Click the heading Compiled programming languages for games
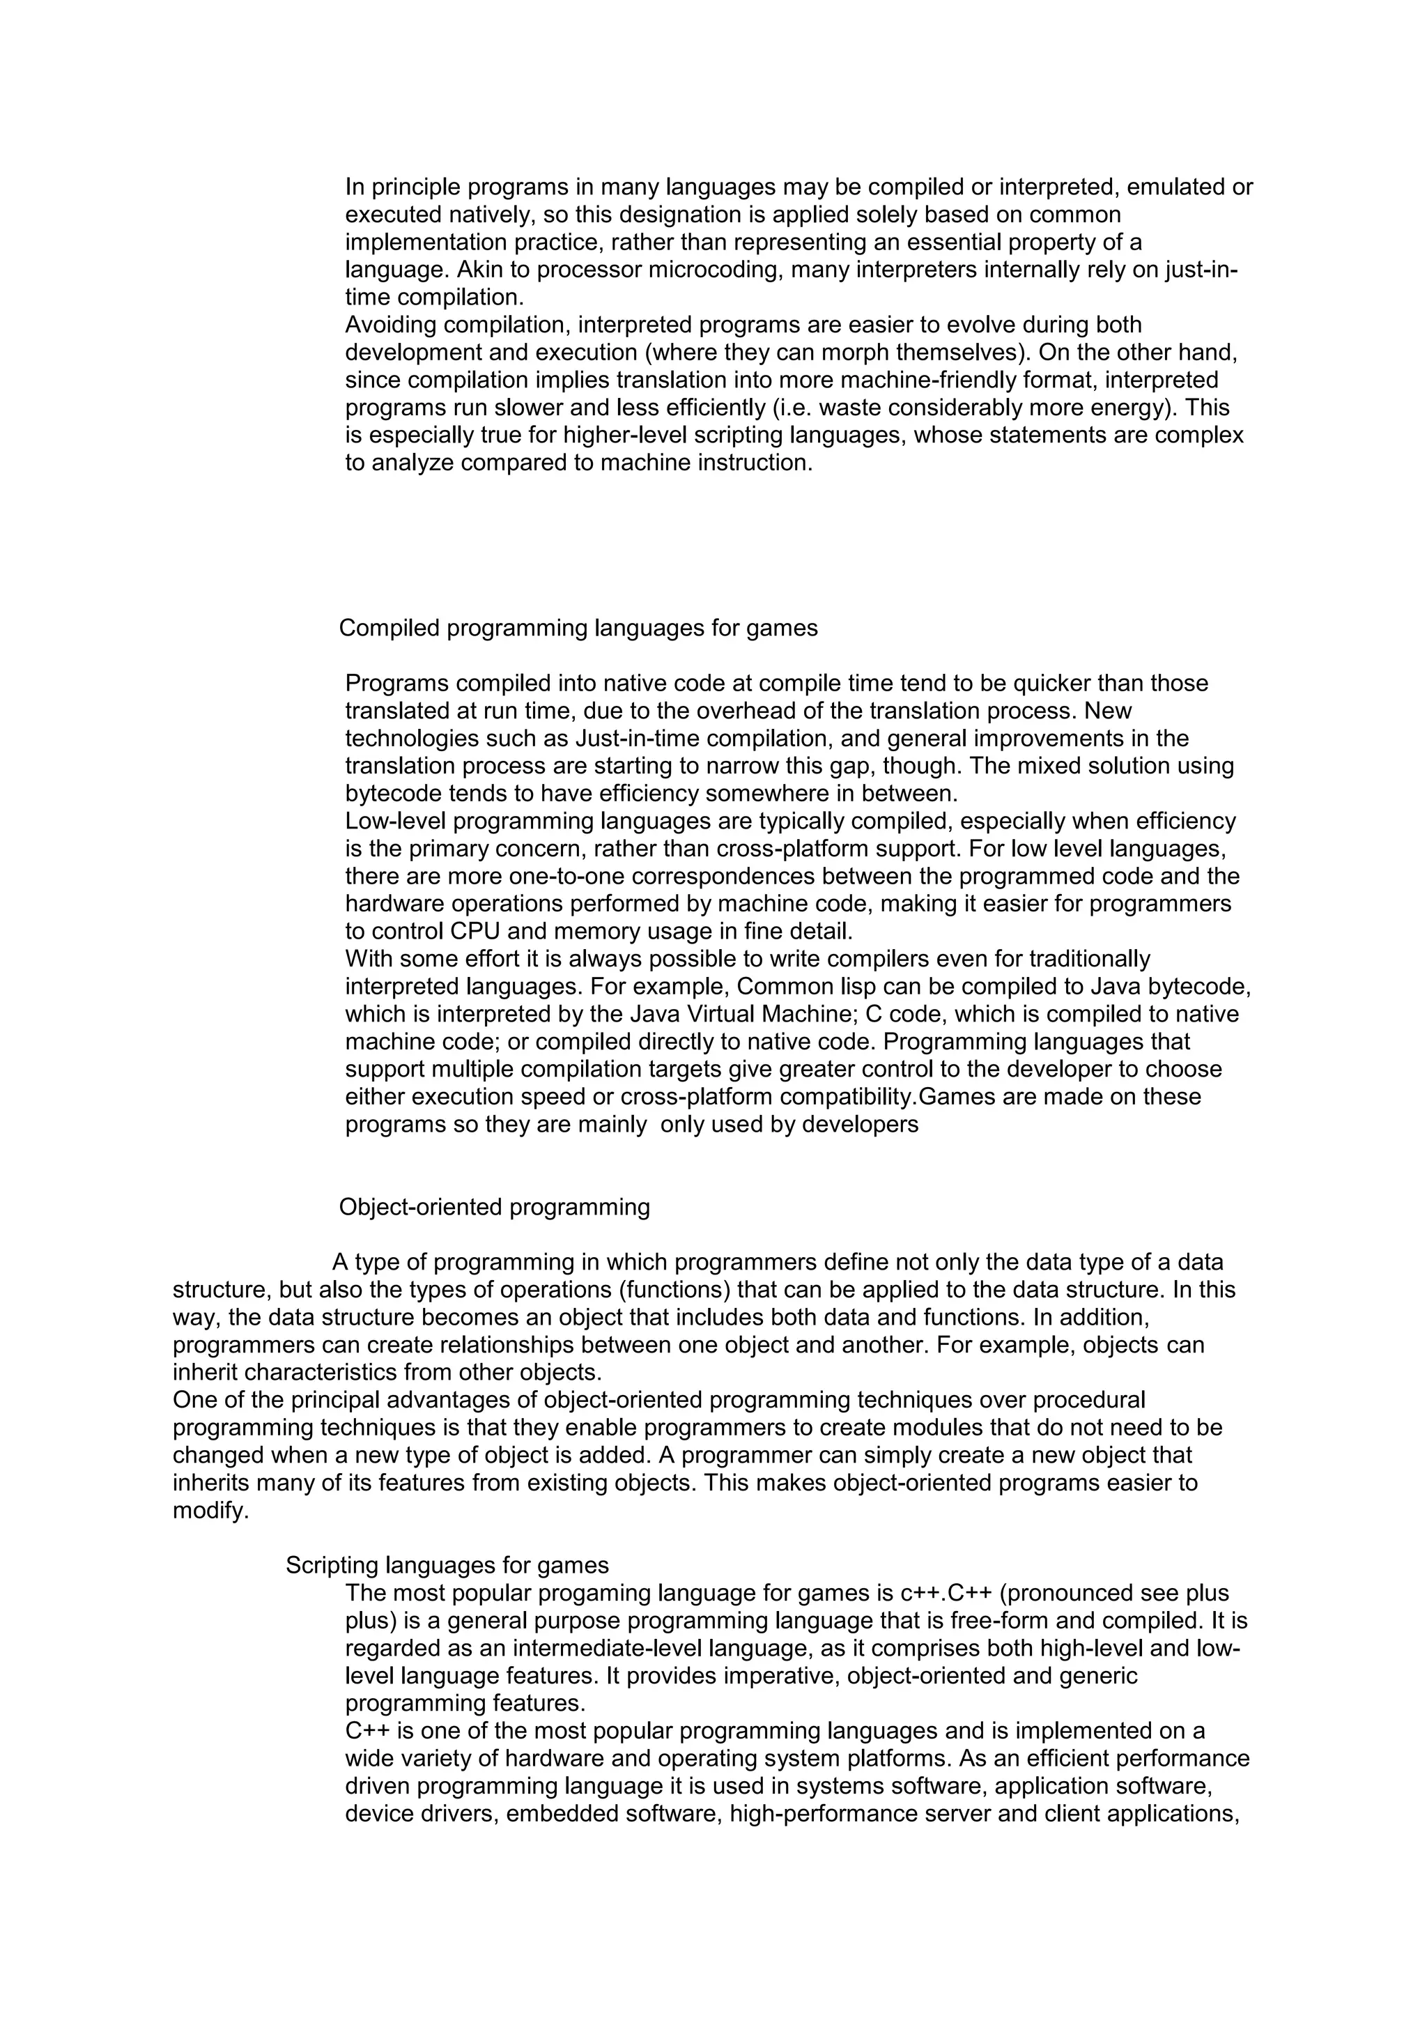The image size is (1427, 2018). [578, 629]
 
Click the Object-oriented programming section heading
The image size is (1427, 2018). [494, 1207]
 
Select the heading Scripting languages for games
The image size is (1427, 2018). [447, 1565]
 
